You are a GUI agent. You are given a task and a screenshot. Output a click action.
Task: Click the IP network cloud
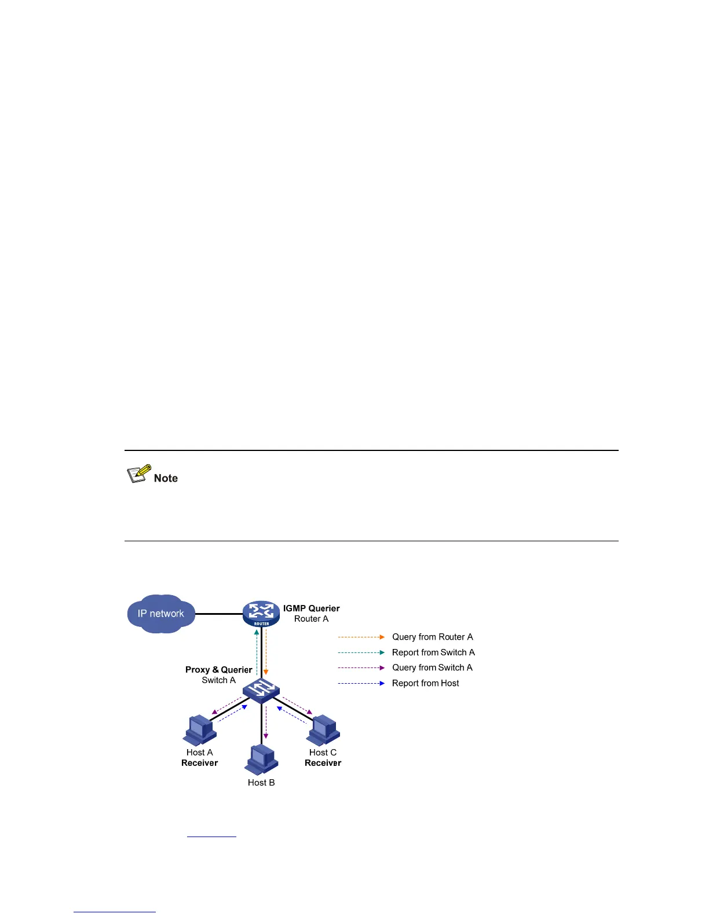point(161,614)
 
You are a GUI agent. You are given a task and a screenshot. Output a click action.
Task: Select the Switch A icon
point(261,689)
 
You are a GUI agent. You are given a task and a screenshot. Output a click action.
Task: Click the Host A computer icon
point(200,731)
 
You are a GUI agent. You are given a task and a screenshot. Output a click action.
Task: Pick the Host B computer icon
point(261,760)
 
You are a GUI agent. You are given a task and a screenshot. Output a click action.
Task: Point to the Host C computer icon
point(324,731)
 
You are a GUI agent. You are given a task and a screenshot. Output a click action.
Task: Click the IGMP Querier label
point(311,608)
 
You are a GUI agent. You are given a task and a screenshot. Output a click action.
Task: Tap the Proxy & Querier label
point(218,670)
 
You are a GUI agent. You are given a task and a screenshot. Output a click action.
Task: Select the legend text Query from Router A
point(432,637)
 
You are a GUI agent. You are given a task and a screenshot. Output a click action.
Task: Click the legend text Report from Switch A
point(433,652)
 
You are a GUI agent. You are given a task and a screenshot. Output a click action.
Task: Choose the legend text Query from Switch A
point(432,667)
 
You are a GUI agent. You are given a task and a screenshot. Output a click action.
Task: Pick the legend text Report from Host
point(425,683)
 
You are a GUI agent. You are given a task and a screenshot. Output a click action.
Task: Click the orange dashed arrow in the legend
point(361,637)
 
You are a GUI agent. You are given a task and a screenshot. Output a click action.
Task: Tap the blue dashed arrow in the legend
point(361,683)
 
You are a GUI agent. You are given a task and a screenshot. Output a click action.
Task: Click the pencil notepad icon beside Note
point(138,474)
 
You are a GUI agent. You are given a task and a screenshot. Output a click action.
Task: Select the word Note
point(166,478)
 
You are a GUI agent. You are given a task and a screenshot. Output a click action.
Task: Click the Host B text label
point(261,783)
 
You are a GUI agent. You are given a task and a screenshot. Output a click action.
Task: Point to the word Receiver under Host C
point(323,763)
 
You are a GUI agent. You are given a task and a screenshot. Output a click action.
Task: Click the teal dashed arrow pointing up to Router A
point(257,651)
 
